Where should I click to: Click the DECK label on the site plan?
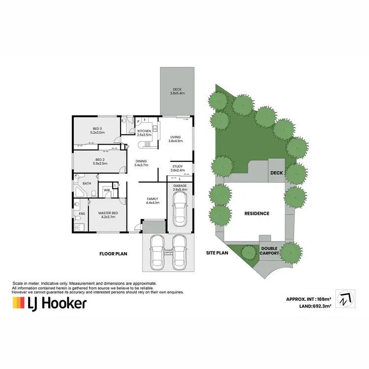tap(276, 173)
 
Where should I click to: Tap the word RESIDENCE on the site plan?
tap(256, 214)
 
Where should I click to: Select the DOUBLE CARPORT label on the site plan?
tap(270, 250)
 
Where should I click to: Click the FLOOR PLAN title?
tap(114, 254)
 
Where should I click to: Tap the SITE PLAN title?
tap(216, 253)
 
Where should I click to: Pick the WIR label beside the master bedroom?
tap(106, 190)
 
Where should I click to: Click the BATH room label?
tap(87, 184)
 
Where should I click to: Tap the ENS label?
tap(75, 214)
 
